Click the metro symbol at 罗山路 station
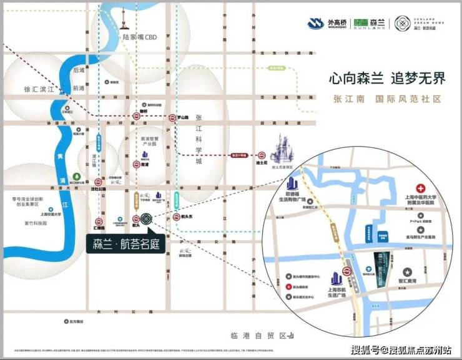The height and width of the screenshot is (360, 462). tap(174, 117)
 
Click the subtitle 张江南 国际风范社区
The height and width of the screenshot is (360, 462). tap(386, 99)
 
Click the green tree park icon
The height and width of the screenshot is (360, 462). tap(76, 177)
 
